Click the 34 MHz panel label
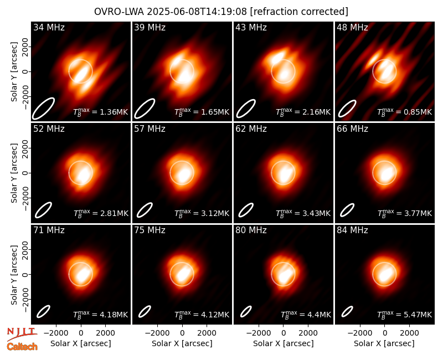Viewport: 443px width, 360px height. coord(49,27)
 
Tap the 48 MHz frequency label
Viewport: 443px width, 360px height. coord(352,27)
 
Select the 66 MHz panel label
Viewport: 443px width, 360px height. coord(352,129)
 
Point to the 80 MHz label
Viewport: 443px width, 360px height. coord(251,230)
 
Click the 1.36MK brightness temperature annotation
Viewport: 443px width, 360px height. coord(101,112)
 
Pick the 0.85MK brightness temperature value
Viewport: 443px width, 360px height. coord(405,112)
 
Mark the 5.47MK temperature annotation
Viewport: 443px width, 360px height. coord(405,314)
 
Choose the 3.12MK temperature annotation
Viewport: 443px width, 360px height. coord(202,213)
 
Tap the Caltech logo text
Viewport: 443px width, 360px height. coord(22,347)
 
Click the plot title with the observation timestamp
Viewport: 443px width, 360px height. coord(221,12)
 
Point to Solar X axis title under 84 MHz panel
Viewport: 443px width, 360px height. coord(384,343)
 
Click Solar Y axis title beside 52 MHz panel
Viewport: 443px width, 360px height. coord(14,173)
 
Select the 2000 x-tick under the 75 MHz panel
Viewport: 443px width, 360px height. coord(207,333)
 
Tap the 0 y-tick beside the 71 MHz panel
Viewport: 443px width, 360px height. coord(25,274)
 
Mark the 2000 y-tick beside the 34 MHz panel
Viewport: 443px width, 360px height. coord(25,47)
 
